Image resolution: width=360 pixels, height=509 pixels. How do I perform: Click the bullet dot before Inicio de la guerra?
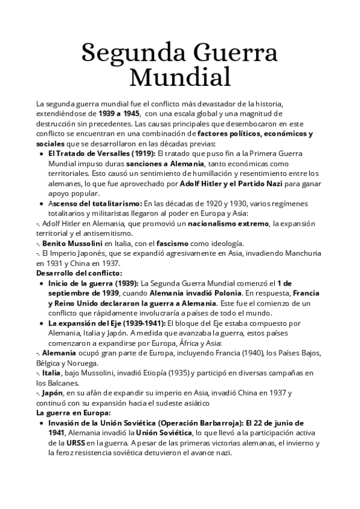(x=40, y=284)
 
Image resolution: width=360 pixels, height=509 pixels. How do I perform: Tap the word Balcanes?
(x=58, y=383)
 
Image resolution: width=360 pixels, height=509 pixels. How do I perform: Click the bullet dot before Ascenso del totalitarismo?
(x=40, y=203)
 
